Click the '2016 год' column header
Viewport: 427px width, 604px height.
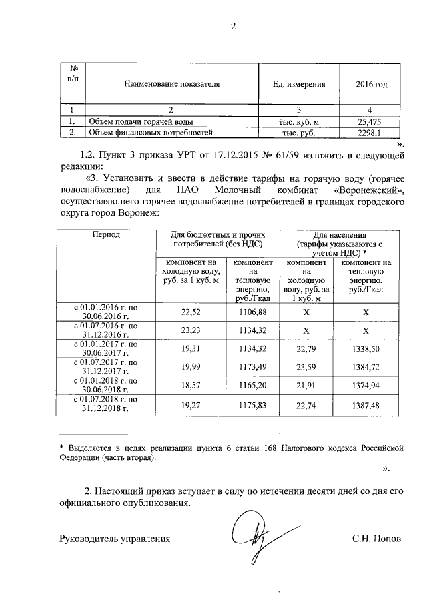coord(372,85)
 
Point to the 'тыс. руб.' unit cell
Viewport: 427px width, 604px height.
coord(300,132)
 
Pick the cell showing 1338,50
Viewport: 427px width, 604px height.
coord(366,348)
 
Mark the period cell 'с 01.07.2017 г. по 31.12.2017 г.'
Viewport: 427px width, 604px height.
coord(106,366)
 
